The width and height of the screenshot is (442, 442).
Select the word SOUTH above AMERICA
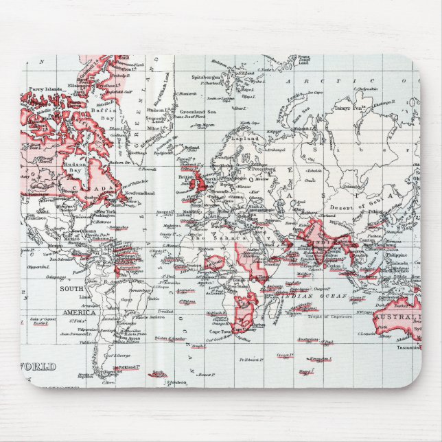(71, 289)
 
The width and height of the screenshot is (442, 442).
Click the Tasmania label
(408, 347)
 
